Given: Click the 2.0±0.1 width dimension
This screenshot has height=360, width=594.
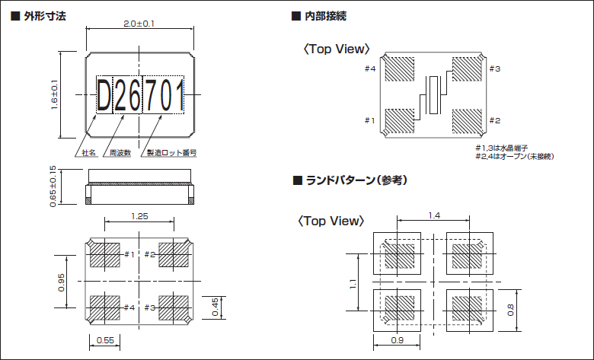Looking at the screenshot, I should [139, 24].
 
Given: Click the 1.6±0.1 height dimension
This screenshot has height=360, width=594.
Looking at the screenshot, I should [55, 95].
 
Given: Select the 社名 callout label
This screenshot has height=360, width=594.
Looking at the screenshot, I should [89, 152].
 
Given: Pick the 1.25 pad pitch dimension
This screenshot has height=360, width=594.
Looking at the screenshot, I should [139, 216].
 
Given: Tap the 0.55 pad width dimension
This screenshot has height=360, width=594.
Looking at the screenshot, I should [105, 340].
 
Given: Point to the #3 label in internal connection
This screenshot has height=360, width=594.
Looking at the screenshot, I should [494, 69].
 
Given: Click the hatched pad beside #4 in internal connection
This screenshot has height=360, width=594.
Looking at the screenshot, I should [398, 69].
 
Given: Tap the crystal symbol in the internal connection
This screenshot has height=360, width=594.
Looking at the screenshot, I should [434, 95].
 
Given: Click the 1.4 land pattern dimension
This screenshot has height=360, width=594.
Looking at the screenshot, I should [434, 216].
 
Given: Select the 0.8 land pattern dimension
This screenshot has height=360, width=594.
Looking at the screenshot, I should [511, 310].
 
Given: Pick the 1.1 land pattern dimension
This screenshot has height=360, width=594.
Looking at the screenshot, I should [353, 283].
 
